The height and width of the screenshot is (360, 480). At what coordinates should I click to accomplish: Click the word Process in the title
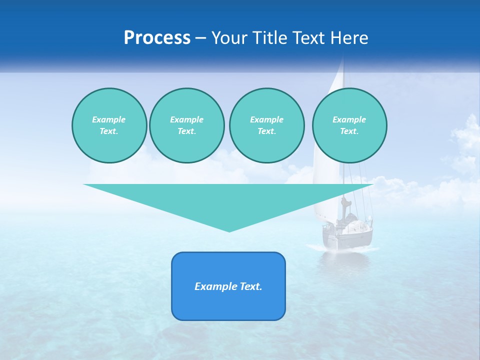coord(157,38)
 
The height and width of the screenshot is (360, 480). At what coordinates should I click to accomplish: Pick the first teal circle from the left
coord(109,125)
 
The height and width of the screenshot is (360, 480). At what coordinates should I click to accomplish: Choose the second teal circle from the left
coord(186,125)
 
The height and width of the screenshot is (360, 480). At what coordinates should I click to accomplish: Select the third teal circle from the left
coord(266,125)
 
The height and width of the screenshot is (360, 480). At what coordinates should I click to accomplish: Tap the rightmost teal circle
coord(349,125)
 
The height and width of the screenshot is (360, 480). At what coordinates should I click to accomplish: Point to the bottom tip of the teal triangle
coord(229,230)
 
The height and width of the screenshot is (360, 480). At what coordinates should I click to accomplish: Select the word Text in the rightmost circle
coord(349,131)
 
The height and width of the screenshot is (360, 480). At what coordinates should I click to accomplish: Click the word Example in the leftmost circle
coord(109,119)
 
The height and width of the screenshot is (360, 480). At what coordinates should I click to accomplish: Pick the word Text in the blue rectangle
coord(251,286)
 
